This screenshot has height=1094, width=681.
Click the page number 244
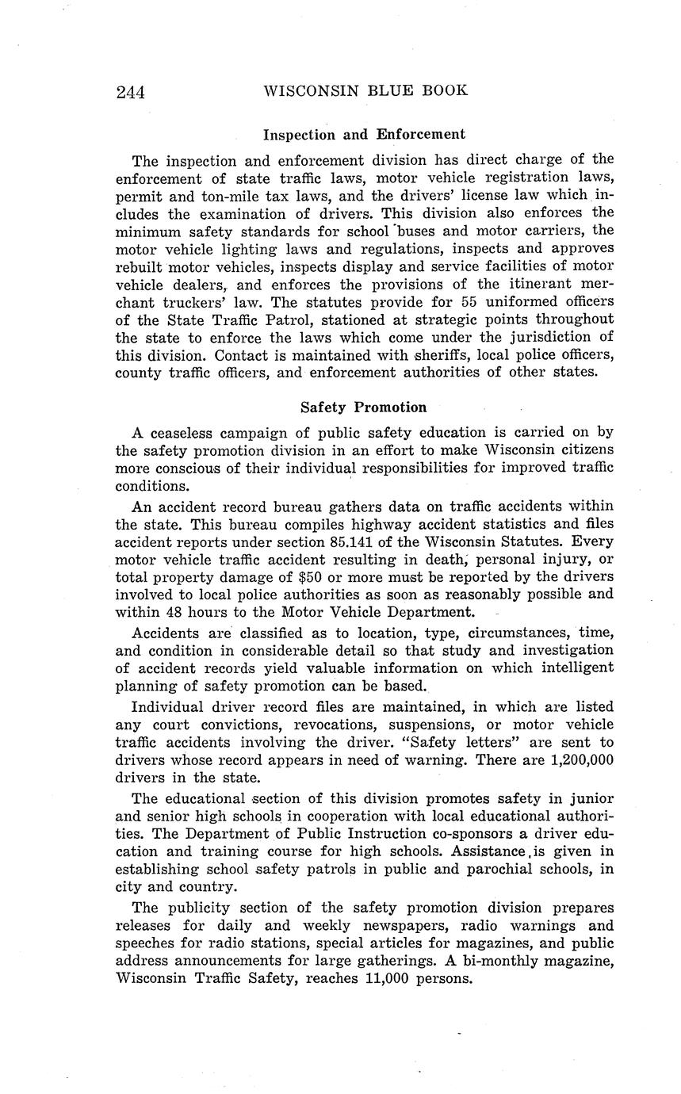coord(130,92)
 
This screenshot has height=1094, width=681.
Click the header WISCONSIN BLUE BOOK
coord(365,90)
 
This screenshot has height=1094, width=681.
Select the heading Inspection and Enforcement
coord(364,134)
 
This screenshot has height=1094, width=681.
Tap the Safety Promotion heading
coord(363,407)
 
